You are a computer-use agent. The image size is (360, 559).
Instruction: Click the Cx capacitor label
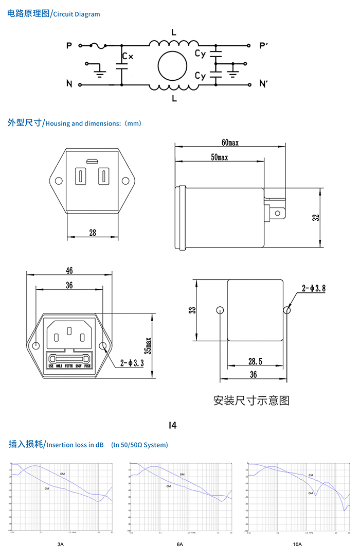pyautogui.click(x=128, y=57)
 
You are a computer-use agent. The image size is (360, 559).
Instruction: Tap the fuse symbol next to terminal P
pyautogui.click(x=99, y=46)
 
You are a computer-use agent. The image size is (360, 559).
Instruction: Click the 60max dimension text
pyautogui.click(x=230, y=142)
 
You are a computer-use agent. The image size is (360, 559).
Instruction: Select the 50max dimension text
pyautogui.click(x=219, y=157)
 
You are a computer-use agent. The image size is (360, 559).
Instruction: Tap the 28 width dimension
pyautogui.click(x=93, y=233)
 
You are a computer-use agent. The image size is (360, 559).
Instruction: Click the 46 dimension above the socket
pyautogui.click(x=69, y=270)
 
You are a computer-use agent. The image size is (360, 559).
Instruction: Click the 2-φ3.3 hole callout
pyautogui.click(x=132, y=363)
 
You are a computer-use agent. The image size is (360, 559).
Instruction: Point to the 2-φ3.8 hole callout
pyautogui.click(x=313, y=289)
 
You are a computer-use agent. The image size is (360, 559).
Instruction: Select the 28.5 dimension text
pyautogui.click(x=253, y=362)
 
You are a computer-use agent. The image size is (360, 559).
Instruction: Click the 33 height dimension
pyautogui.click(x=192, y=310)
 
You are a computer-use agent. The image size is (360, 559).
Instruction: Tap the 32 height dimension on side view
pyautogui.click(x=316, y=217)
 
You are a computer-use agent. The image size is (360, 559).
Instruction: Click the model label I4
pyautogui.click(x=173, y=425)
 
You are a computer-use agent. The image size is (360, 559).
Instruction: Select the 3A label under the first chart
pyautogui.click(x=61, y=544)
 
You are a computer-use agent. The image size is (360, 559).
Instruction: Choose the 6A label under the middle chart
pyautogui.click(x=180, y=544)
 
